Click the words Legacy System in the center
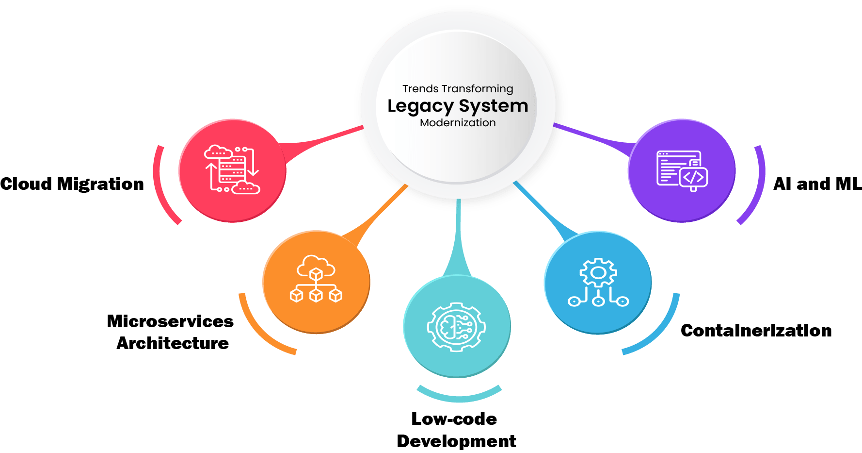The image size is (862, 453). coord(458,106)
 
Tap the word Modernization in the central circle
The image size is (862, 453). coord(458,123)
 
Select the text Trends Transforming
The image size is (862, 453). coord(458,89)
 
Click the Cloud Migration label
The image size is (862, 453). coord(72,184)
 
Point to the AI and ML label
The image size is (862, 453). coord(817,184)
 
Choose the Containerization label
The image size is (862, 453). coord(756,331)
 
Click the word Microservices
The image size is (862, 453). coord(170,321)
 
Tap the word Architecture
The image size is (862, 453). coord(173,343)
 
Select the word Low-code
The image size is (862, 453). coord(454,419)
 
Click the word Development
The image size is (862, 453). coord(456,441)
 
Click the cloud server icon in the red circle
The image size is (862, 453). coord(232,170)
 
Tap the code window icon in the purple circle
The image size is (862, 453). coord(682,170)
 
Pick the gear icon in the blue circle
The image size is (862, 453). coord(598,282)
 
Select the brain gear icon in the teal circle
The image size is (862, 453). coord(456,327)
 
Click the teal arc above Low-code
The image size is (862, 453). coord(459,396)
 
